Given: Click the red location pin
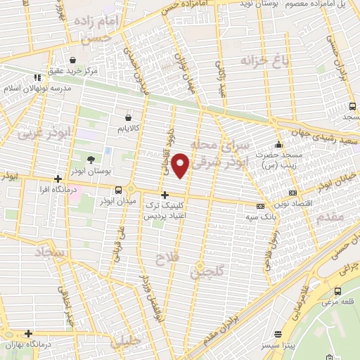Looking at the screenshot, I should click(181, 165).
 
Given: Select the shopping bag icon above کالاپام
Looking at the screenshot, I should click(127, 117).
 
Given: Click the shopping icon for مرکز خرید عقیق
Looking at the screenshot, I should click(75, 60).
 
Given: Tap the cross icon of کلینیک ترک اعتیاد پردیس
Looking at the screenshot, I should click(165, 195).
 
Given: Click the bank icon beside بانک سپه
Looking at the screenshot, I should click(260, 207).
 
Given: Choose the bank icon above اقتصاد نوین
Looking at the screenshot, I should click(292, 192).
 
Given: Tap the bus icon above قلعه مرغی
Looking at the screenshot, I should click(337, 291).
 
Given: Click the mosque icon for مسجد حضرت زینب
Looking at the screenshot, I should click(279, 144).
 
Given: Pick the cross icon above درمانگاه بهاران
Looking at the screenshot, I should click(28, 333).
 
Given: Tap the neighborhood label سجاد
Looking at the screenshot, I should click(49, 251).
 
